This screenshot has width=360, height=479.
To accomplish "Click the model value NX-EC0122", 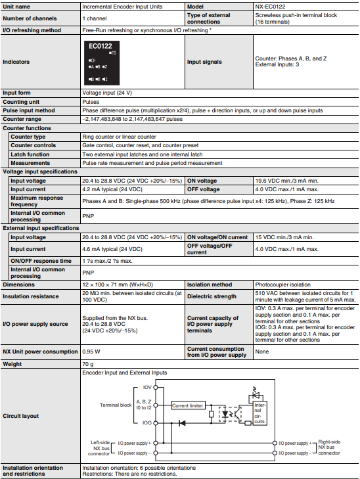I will [272, 5].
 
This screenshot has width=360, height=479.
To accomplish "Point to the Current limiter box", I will [188, 405].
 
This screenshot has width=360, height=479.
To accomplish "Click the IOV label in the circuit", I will [146, 388].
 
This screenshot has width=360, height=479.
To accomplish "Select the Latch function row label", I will [30, 154].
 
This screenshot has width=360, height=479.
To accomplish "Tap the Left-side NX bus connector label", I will [102, 448].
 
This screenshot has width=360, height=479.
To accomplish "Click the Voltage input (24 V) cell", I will [107, 93].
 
